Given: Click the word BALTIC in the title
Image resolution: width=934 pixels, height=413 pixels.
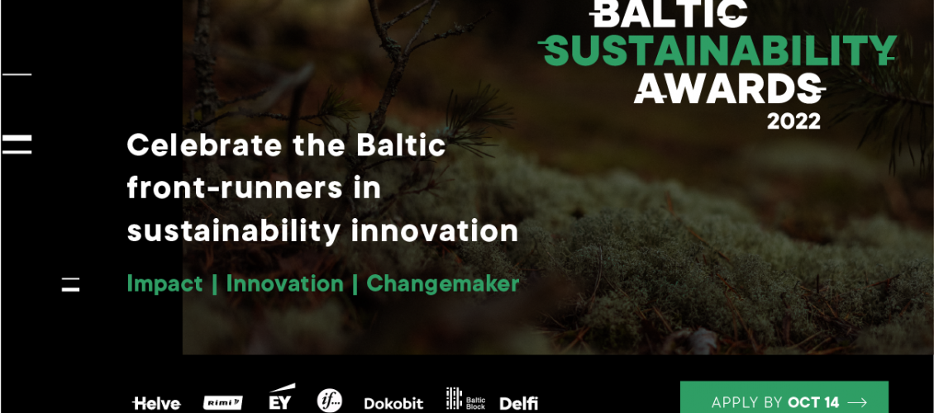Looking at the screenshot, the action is pos(668,13).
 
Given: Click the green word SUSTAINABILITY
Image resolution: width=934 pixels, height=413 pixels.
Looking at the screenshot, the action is pos(717,50).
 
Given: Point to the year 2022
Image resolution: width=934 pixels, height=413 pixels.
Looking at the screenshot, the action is pos(793,121).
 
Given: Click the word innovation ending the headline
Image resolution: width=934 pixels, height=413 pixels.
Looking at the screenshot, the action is pos(434,231).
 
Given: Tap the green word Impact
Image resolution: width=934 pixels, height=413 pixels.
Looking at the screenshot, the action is pos(164,284).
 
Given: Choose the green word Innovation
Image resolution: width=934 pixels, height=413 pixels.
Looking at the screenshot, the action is pos(284,283).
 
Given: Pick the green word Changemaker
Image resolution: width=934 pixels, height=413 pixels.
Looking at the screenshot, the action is pos(442,283).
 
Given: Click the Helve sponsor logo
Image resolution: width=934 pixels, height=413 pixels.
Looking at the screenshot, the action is pos(156,403).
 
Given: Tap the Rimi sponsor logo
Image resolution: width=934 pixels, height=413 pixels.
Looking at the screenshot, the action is pos(222,403).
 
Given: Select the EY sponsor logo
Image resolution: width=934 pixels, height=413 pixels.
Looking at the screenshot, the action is pos(280,398).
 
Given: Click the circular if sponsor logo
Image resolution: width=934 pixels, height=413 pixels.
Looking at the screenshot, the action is pos(330,400).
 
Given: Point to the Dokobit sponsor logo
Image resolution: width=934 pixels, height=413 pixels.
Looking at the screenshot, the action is pos(393,403).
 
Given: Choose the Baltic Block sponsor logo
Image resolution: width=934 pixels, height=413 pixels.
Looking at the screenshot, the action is pos(466,399).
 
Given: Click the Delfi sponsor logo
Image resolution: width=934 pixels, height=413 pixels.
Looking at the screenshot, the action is pos(518,403).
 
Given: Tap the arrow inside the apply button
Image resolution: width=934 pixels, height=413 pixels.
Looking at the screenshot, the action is pos(856,403).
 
